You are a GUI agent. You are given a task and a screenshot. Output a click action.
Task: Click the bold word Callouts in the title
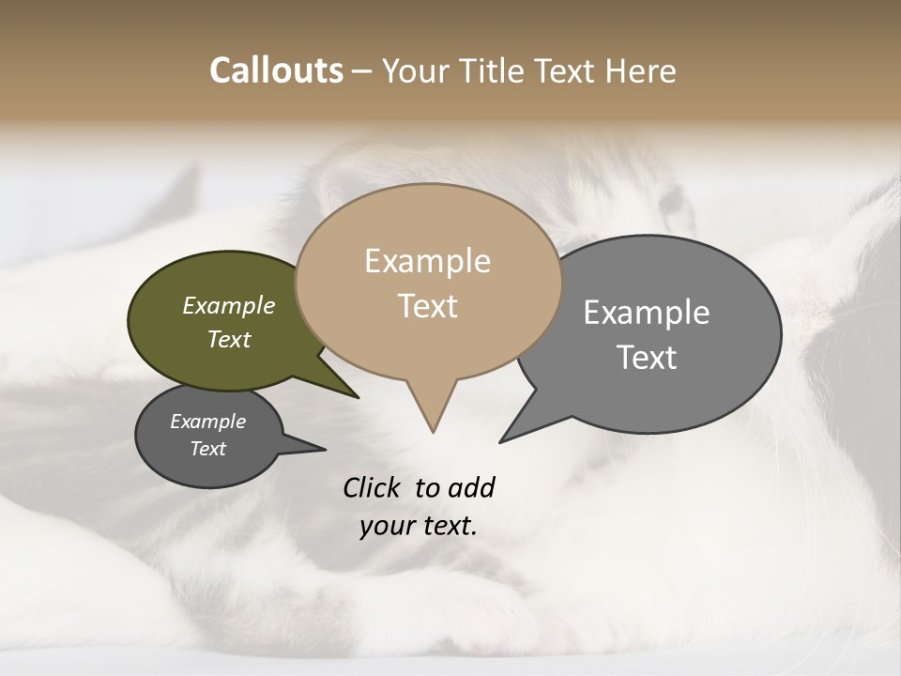click(276, 70)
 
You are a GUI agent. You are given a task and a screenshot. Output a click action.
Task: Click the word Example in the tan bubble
click(427, 261)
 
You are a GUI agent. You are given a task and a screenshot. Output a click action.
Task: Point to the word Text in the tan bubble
click(427, 306)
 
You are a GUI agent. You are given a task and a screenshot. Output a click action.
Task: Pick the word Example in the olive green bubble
click(229, 305)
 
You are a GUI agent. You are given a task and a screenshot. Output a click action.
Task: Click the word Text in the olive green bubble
click(229, 339)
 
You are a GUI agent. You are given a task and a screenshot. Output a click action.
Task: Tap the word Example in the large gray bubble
click(647, 313)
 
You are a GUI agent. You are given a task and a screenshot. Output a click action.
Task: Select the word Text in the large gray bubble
click(647, 357)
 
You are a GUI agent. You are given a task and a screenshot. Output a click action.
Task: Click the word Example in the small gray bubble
click(208, 422)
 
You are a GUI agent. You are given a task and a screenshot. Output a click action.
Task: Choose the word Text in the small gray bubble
click(208, 449)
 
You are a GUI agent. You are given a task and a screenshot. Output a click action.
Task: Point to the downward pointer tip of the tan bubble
click(433, 429)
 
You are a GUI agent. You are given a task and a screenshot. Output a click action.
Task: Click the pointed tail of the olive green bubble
click(355, 395)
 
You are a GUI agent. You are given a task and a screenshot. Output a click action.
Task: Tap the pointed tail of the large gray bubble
click(504, 439)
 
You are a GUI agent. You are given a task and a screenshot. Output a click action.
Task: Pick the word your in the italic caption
click(383, 526)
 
